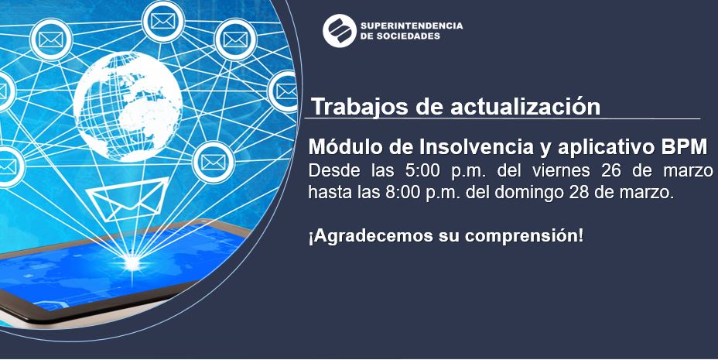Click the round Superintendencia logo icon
pyautogui.click(x=340, y=31)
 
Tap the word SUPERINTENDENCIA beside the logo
pyautogui.click(x=412, y=26)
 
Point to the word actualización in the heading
pyautogui.click(x=525, y=107)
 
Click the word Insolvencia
pyautogui.click(x=474, y=146)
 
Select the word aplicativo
pyautogui.click(x=600, y=147)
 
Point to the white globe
pyautogui.click(x=128, y=106)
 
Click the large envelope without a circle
pyautogui.click(x=128, y=199)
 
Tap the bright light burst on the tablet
pyautogui.click(x=132, y=262)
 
